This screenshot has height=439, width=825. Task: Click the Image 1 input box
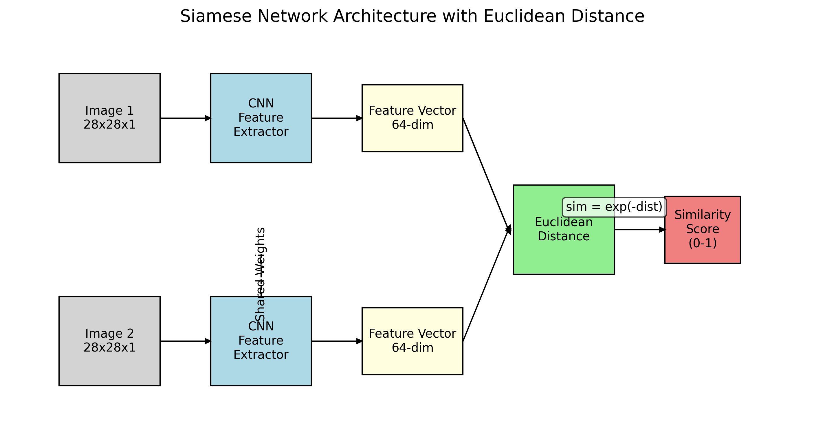(x=109, y=118)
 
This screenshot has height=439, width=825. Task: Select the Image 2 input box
(x=109, y=341)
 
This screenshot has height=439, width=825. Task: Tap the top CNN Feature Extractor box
(x=261, y=118)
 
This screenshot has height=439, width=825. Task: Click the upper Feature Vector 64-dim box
(x=412, y=118)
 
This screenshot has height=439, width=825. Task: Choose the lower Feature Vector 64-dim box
(x=412, y=341)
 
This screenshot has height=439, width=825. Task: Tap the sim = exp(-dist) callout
(x=614, y=207)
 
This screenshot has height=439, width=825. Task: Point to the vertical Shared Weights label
(x=260, y=274)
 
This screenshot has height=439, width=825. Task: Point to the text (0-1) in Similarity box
(x=702, y=243)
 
